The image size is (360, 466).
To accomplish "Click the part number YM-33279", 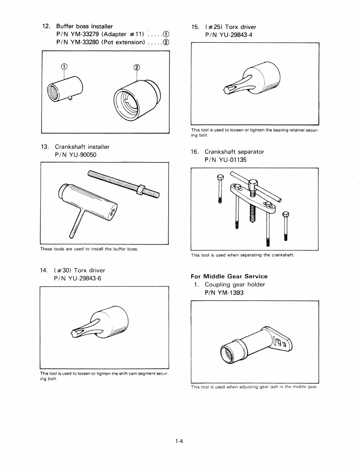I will [86, 34].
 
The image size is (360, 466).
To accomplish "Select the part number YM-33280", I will [86, 42].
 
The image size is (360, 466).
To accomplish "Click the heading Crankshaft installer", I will [82, 147].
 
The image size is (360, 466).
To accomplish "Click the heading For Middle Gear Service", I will [229, 276].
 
